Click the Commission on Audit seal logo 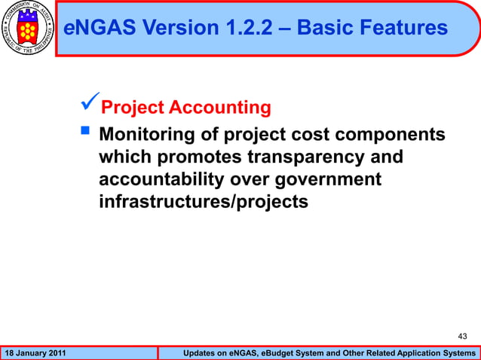coord(29,29)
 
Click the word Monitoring coord(146,134)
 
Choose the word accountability coord(156,179)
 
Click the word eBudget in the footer coord(290,353)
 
